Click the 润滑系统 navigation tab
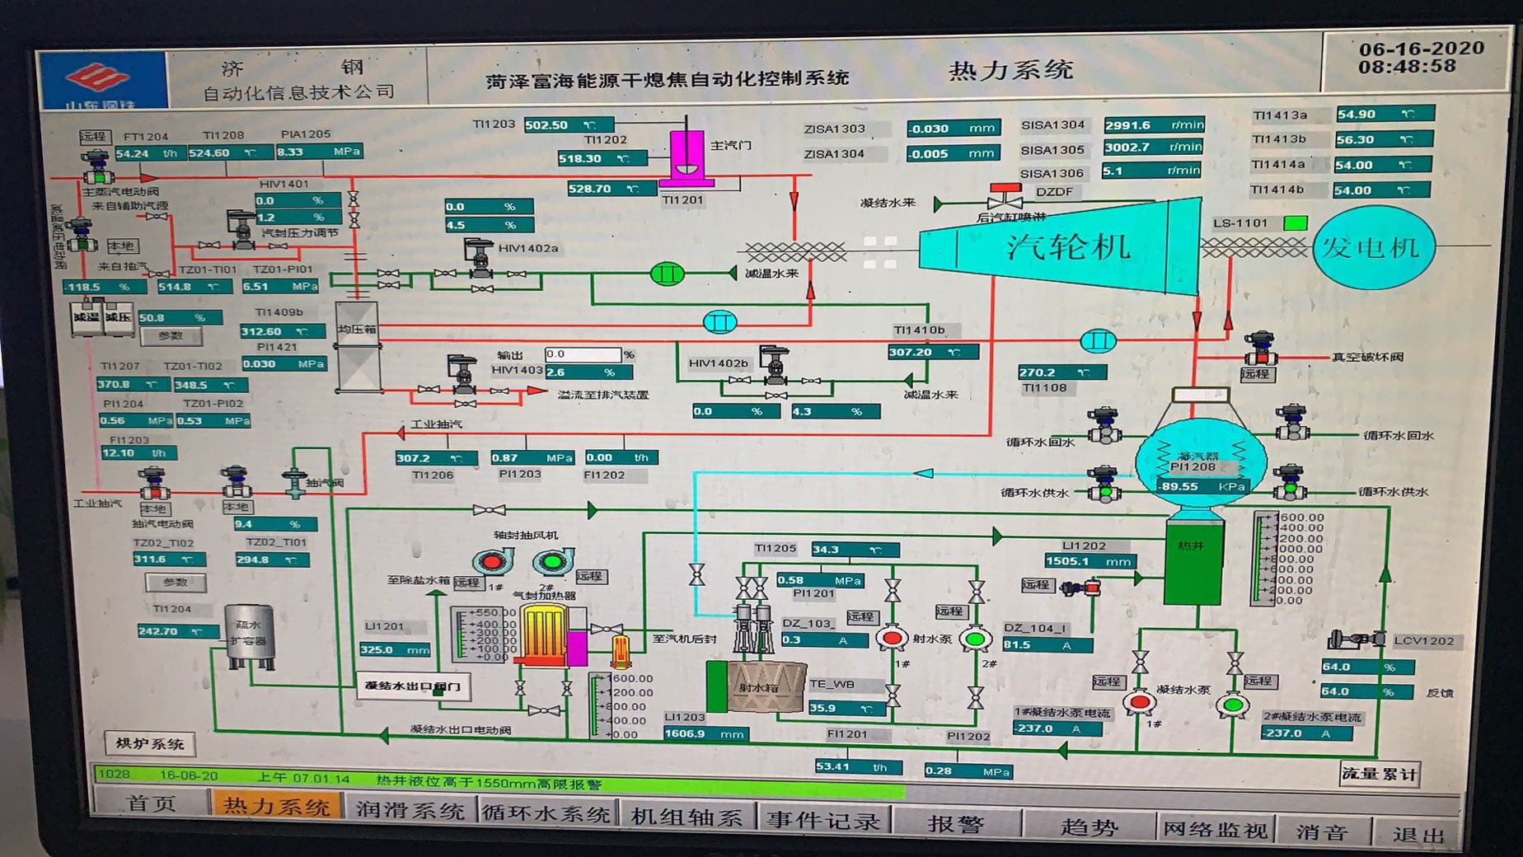click(x=410, y=809)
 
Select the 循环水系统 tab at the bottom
click(x=546, y=813)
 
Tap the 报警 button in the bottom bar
click(x=956, y=822)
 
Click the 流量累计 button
click(x=1379, y=774)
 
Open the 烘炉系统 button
click(x=150, y=743)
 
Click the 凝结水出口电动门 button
click(x=413, y=686)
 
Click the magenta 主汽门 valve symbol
click(x=686, y=157)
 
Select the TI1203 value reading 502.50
click(x=568, y=124)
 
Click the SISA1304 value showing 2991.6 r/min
click(x=1153, y=125)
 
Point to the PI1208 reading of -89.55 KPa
click(x=1202, y=486)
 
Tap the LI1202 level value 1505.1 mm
click(x=1089, y=561)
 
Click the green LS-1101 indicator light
click(x=1295, y=222)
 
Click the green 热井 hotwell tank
click(x=1192, y=560)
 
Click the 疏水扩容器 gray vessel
click(x=249, y=635)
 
